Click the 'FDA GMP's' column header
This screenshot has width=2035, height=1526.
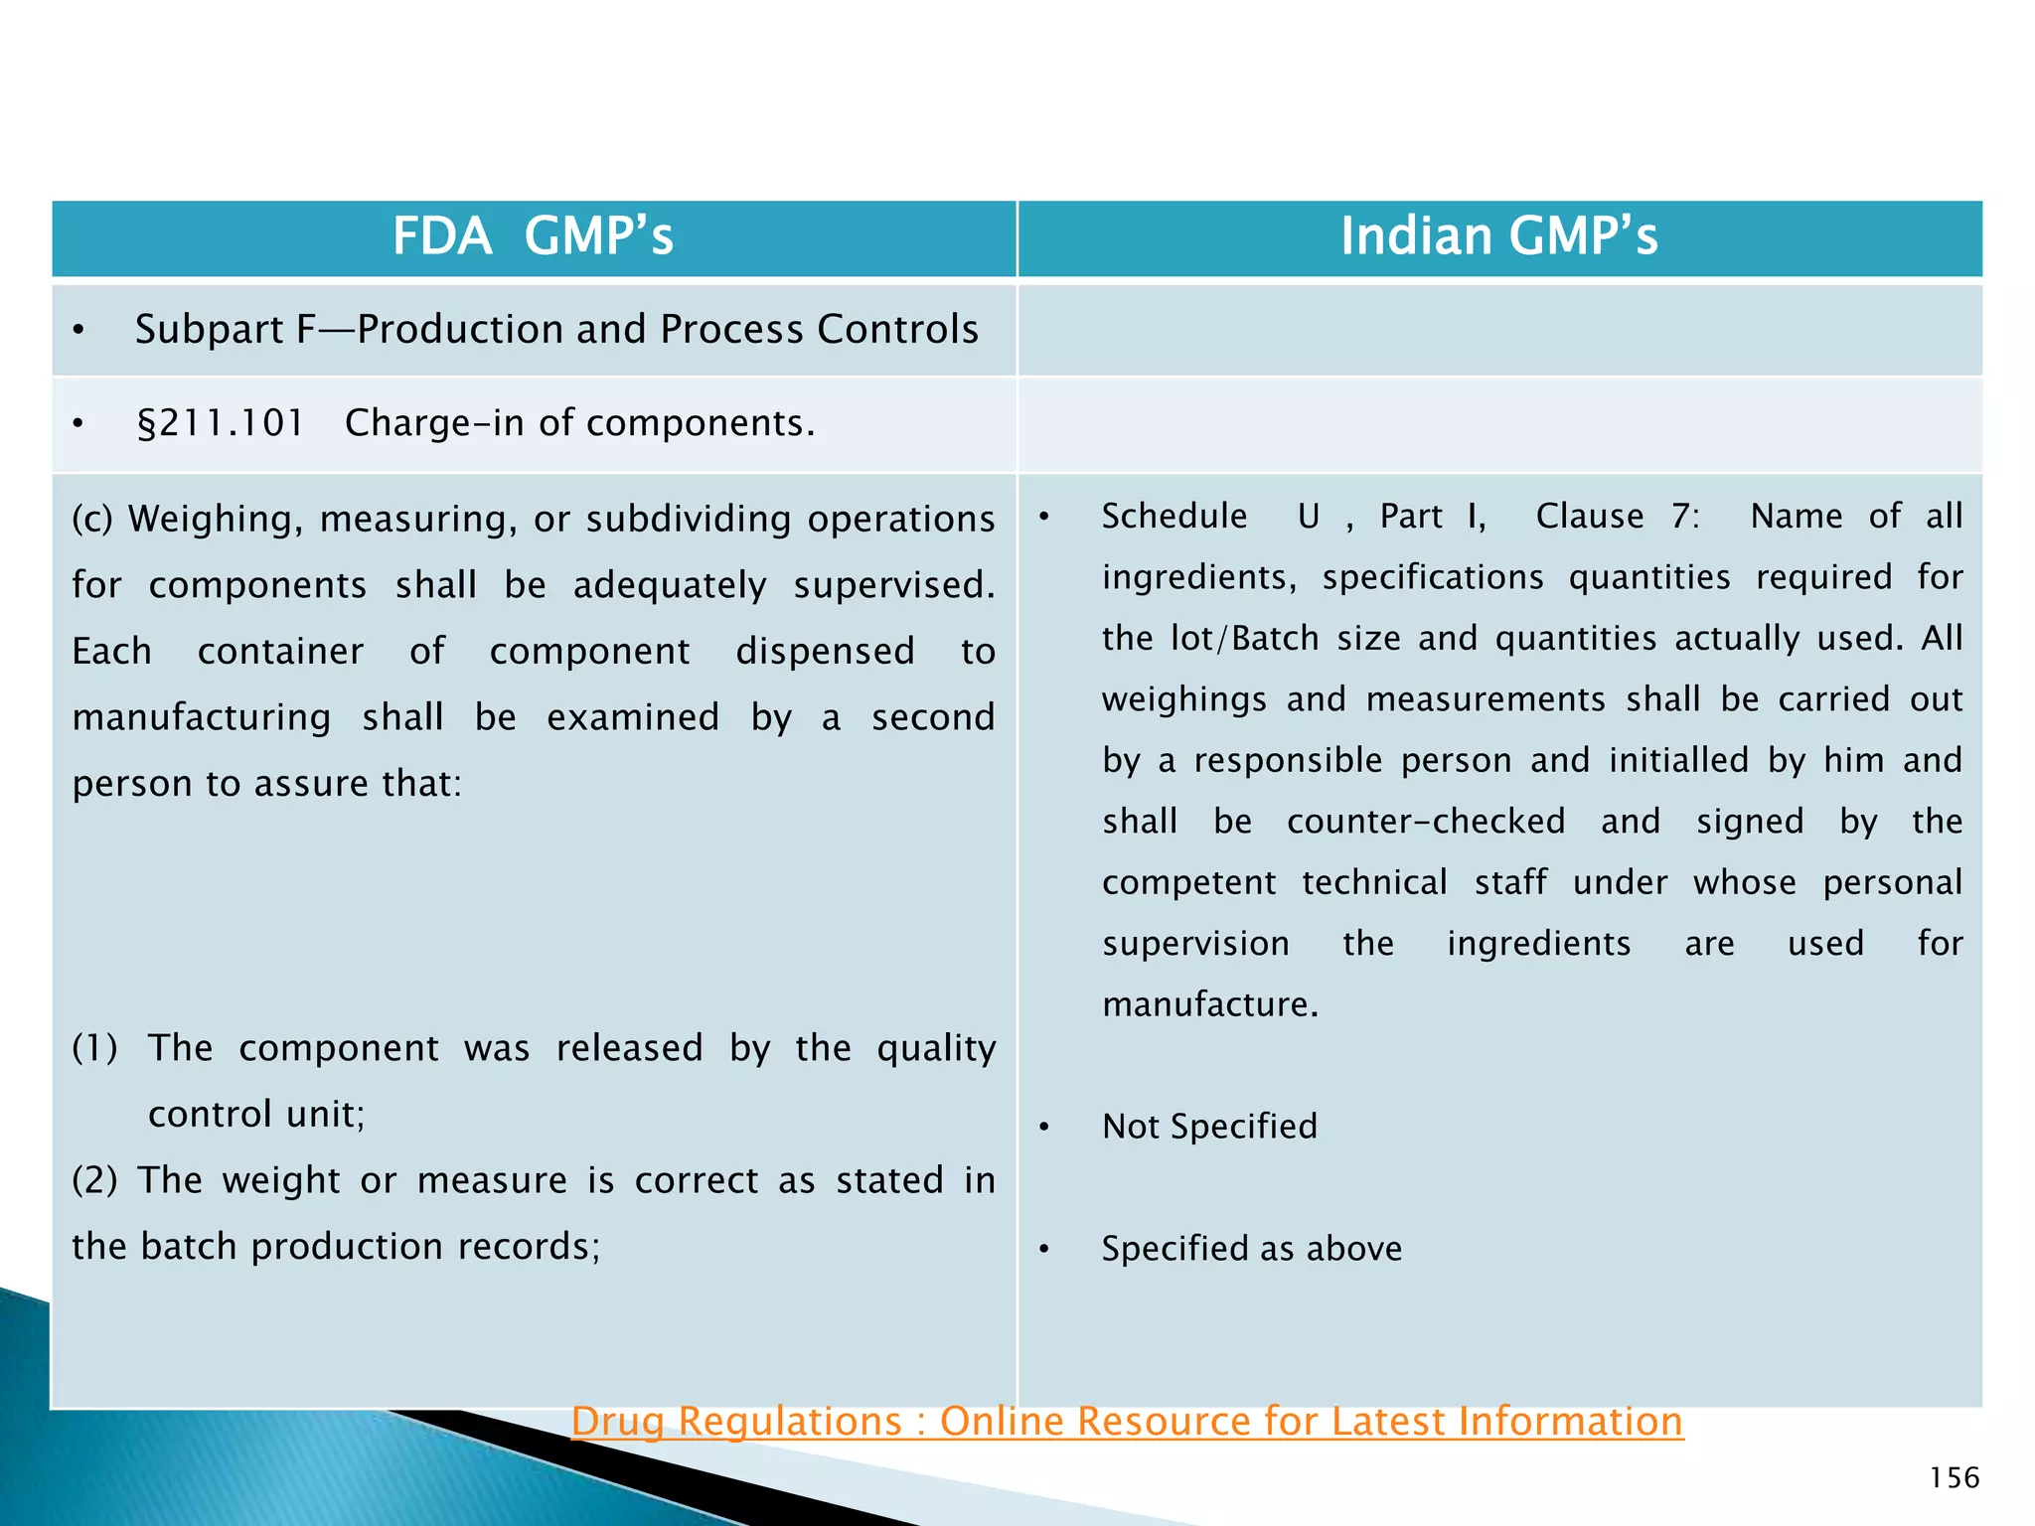[533, 236]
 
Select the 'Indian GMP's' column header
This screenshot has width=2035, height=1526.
[1498, 236]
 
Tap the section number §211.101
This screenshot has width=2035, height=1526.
[220, 423]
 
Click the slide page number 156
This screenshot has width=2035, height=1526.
[1954, 1477]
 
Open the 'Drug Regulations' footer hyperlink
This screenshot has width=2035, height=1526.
[1127, 1421]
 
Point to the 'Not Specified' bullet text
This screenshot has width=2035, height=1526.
[1209, 1126]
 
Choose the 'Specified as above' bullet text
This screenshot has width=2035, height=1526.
[1251, 1248]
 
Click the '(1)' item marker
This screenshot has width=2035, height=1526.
[94, 1047]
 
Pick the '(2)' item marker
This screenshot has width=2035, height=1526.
[94, 1180]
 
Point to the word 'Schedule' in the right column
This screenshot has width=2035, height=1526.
[1174, 516]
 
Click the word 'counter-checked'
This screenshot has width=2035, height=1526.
[1425, 821]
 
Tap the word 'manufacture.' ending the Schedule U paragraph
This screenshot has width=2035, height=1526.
[1209, 1004]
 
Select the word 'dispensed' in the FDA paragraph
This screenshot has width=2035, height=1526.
[825, 651]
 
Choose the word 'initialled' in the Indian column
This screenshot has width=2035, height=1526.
[1678, 760]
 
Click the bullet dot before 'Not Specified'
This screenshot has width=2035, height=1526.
[1043, 1127]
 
